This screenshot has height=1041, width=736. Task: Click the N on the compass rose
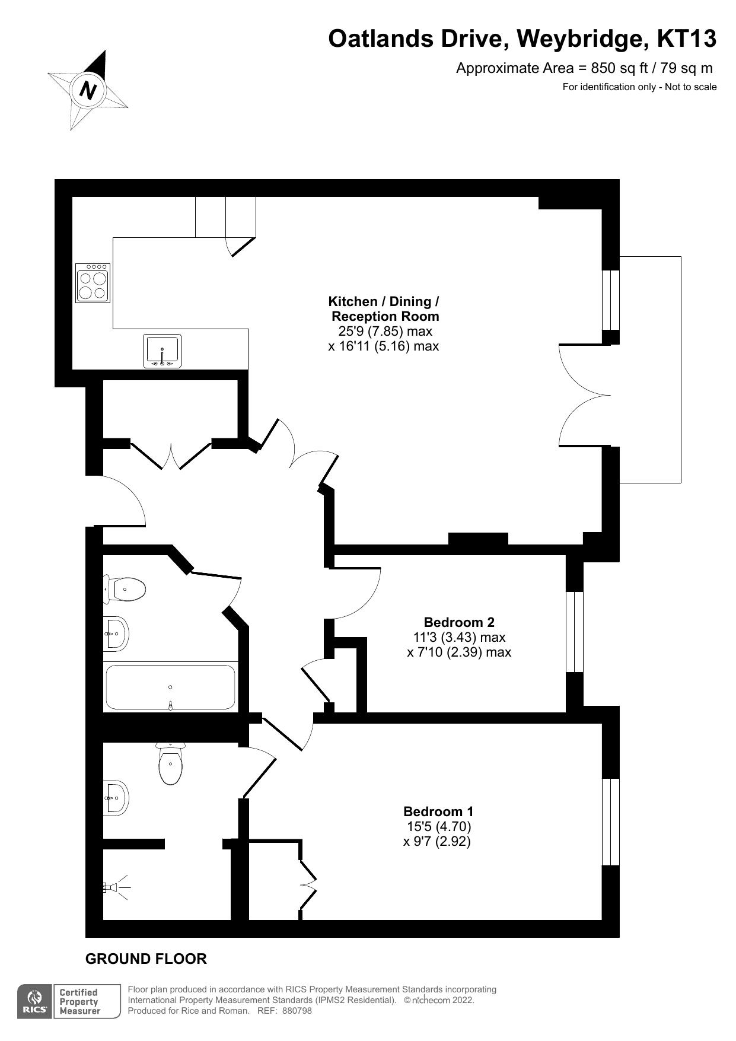click(x=88, y=91)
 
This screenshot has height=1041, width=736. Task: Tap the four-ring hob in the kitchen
click(x=93, y=283)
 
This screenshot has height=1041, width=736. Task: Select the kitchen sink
click(x=162, y=351)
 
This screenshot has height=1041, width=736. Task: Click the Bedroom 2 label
click(x=458, y=622)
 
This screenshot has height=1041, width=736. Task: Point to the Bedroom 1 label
click(x=438, y=811)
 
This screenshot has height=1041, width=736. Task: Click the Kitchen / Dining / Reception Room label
click(x=384, y=308)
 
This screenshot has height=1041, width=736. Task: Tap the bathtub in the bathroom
click(x=170, y=687)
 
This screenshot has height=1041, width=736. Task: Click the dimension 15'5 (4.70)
click(x=438, y=826)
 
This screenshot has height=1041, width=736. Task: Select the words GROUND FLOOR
click(x=146, y=959)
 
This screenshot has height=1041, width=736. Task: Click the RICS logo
click(x=34, y=1002)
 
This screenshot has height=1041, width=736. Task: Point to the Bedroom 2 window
click(x=574, y=632)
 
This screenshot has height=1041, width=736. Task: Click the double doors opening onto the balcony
click(x=584, y=395)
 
